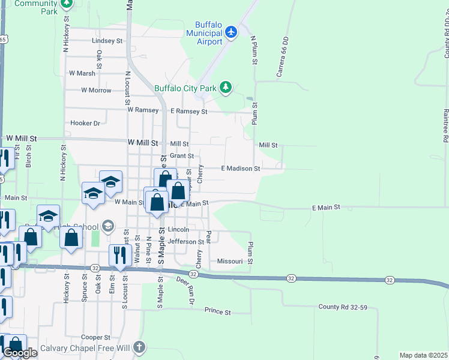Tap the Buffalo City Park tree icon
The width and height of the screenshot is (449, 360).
pos(226,88)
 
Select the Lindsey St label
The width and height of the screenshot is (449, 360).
pos(107,41)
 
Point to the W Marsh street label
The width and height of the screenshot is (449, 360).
pos(82,73)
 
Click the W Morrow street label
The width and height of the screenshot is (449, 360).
pos(97,91)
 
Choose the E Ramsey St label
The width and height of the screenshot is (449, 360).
pos(188,112)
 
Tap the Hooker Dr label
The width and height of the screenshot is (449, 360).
pos(85,123)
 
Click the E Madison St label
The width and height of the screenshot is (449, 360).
pos(240,169)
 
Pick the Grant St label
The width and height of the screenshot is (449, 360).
pos(182,155)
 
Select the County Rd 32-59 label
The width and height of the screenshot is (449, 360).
pos(343,307)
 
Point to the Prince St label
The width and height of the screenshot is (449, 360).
pos(217,312)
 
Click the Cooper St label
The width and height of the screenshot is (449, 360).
pos(96,338)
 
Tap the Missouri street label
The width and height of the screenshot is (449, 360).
pos(229,262)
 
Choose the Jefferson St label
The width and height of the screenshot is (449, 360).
pos(186,242)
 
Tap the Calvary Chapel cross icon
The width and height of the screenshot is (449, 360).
pos(139,347)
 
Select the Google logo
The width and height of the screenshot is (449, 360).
pos(20,353)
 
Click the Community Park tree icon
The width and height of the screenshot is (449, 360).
pos(67,4)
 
